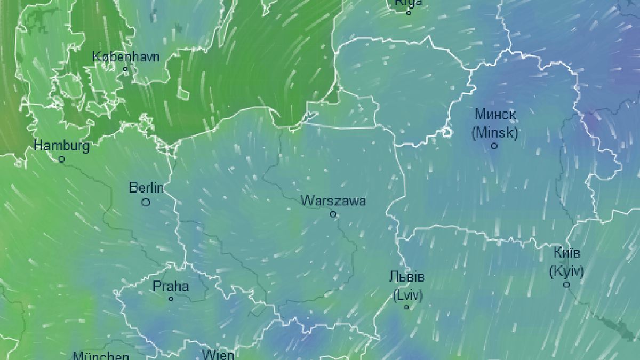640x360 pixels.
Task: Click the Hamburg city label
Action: coord(61,145)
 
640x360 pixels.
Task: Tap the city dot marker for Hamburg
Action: coord(62,159)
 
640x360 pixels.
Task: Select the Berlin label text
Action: coord(146,188)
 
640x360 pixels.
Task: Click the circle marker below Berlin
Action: coord(146,202)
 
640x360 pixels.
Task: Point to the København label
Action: coord(126,57)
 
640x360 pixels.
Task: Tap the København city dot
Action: coord(126,69)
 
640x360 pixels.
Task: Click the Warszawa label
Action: coord(333,201)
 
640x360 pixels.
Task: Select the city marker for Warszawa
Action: coord(333,214)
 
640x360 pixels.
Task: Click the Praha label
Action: coord(171,286)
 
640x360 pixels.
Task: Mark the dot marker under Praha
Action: coord(171,299)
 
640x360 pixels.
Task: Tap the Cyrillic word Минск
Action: coord(495,114)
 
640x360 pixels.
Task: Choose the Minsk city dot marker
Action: coord(494,146)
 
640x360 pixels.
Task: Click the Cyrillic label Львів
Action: coord(407,277)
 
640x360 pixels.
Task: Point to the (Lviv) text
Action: coord(407,294)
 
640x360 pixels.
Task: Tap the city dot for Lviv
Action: coord(407,307)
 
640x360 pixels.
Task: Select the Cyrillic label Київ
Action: coord(566,253)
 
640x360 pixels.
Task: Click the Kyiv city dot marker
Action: coord(567,285)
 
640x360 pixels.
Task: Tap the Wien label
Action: coord(218,354)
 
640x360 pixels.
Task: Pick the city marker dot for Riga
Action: coord(409,13)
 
